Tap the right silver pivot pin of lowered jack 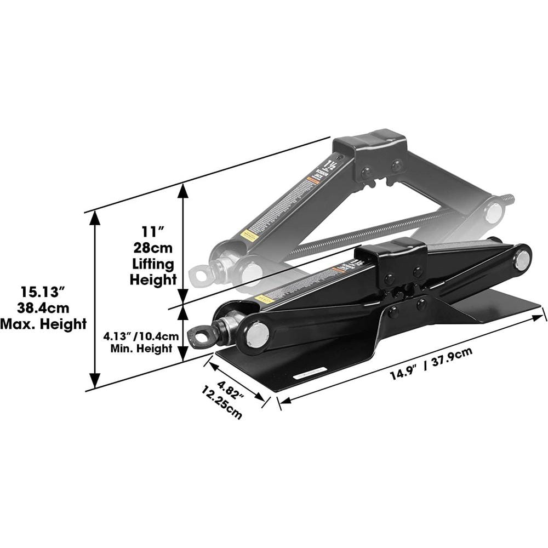[522, 259]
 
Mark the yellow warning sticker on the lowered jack [264, 299]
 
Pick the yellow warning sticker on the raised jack [249, 236]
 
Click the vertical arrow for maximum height [95, 299]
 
